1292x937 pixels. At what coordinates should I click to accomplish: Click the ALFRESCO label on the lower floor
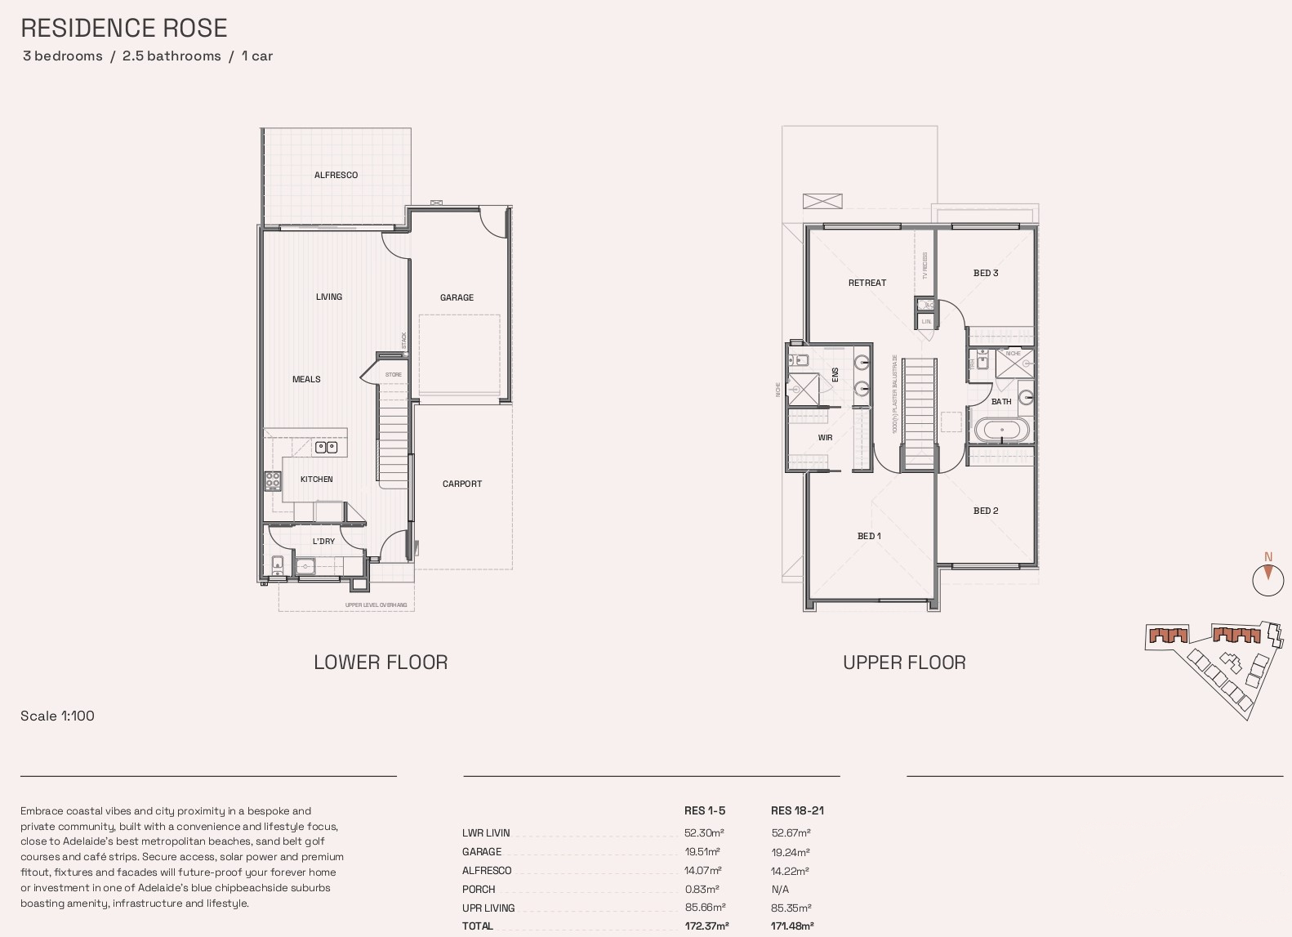336,175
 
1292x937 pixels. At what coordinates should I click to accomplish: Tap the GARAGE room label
457,297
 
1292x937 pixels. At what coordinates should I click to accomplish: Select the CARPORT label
462,484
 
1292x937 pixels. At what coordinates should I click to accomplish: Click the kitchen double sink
327,447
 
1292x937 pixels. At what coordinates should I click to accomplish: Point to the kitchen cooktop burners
273,481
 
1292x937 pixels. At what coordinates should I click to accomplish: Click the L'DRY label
323,541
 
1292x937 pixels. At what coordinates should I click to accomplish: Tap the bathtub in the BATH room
1002,430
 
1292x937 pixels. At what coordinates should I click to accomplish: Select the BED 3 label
986,273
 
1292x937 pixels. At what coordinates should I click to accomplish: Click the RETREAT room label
867,283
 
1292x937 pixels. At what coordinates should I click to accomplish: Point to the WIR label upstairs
825,438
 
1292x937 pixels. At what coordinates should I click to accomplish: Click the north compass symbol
1267,577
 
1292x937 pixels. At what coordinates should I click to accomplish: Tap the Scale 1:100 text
57,716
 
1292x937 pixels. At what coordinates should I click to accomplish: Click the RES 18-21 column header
797,810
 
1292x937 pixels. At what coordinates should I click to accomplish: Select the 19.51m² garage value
702,851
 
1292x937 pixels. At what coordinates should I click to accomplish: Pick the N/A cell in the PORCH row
780,889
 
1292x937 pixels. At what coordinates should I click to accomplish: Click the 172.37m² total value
706,926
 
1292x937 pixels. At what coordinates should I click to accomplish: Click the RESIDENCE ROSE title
124,28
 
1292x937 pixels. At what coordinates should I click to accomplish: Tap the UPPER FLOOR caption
904,663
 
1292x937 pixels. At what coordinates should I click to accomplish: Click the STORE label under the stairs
394,375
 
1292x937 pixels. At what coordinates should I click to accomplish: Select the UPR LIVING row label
488,908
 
